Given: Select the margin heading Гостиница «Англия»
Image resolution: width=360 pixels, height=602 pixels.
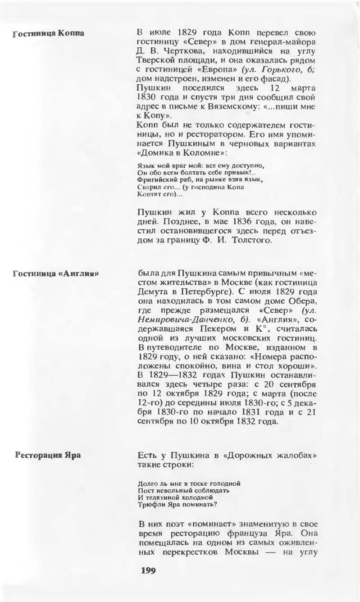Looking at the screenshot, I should [x=56, y=273].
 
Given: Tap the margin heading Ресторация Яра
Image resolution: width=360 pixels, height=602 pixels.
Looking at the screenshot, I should [x=48, y=455].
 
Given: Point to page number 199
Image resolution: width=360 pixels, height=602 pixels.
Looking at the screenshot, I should [x=148, y=570].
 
